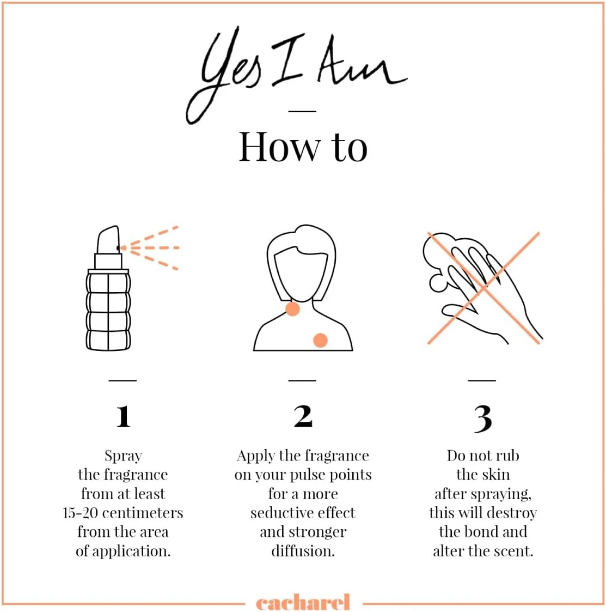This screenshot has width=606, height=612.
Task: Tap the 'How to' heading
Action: click(x=303, y=147)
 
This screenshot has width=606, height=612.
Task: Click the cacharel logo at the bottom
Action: click(x=303, y=602)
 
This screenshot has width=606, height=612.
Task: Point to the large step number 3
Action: click(x=483, y=419)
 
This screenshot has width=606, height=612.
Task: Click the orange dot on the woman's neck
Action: click(x=292, y=309)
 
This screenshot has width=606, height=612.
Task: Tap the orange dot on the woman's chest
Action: click(x=321, y=340)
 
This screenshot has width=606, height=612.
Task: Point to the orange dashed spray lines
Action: click(x=150, y=248)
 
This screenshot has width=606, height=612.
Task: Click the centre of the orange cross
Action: click(x=483, y=288)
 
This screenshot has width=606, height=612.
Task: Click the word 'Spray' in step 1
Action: click(x=123, y=456)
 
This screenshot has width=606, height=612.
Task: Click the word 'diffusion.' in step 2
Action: click(x=303, y=551)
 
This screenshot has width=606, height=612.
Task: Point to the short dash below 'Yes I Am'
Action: click(x=302, y=111)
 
